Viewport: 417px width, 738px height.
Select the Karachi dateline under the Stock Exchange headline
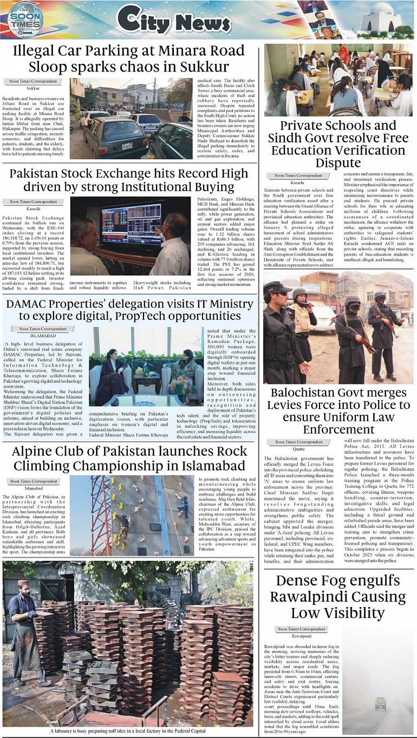(34, 208)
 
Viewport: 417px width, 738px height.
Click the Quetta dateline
(298, 449)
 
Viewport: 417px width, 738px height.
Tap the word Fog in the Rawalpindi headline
(334, 581)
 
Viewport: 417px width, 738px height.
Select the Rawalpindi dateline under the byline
(302, 636)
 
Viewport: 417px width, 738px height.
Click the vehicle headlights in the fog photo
(381, 703)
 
